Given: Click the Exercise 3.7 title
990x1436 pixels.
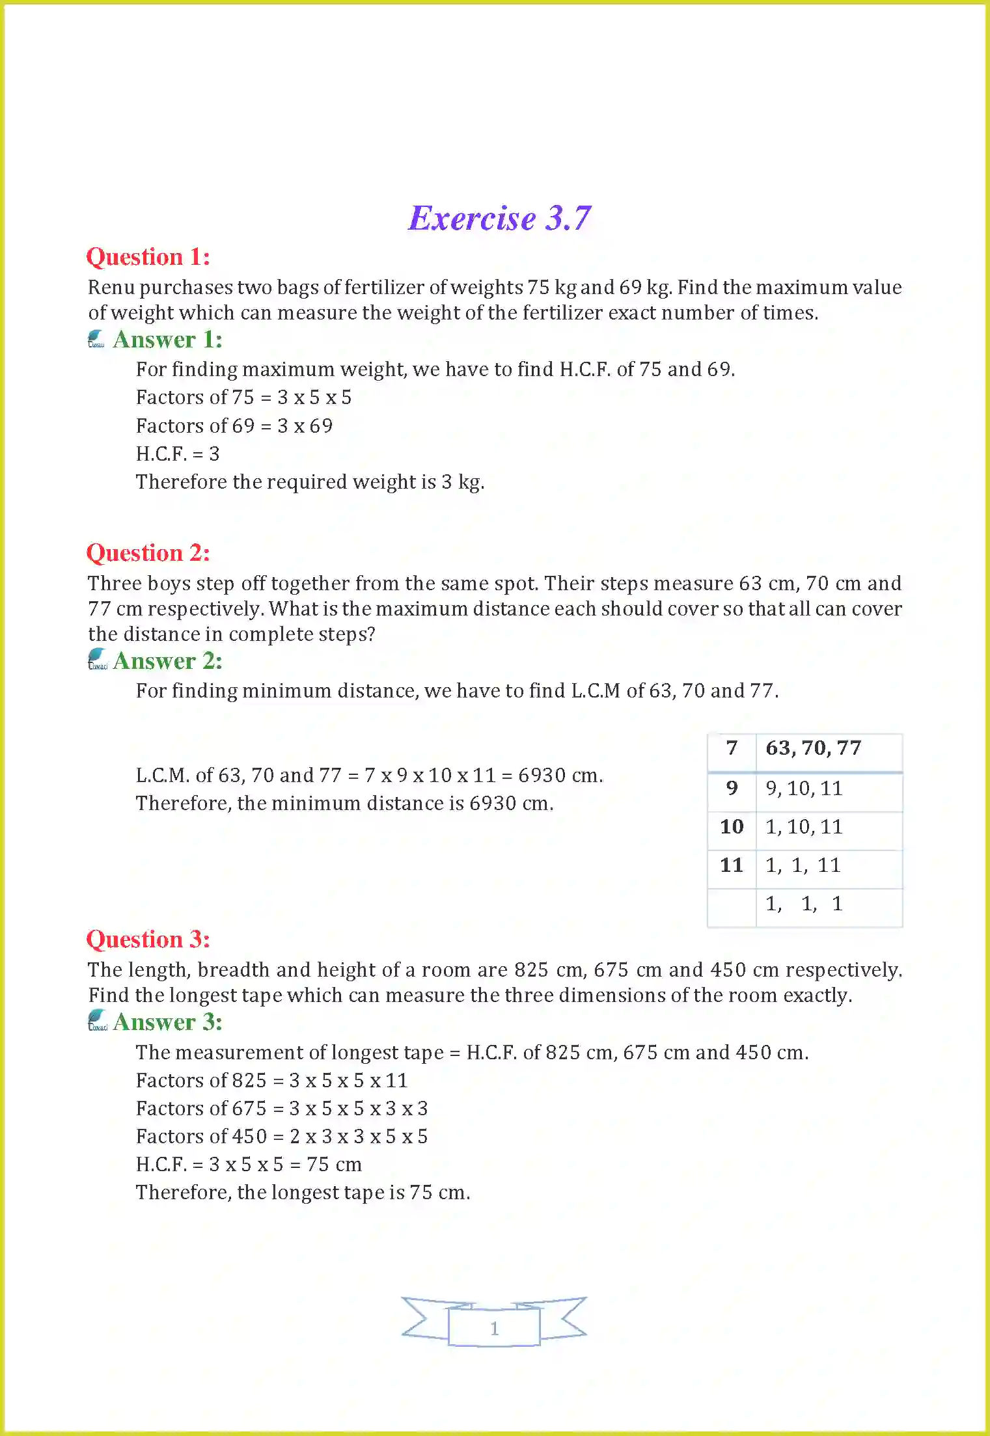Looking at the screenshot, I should [x=499, y=218].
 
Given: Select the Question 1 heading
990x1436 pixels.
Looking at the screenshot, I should [x=148, y=257].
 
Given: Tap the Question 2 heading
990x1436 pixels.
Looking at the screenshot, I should [x=148, y=553].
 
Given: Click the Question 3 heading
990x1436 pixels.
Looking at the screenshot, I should [x=148, y=940].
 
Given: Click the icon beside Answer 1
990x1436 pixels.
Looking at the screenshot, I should [x=96, y=339].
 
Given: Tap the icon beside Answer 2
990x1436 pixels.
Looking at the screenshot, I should [x=97, y=659].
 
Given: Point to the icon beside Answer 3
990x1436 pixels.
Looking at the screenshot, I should [x=97, y=1020].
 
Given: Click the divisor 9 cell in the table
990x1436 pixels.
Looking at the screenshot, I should [x=732, y=789].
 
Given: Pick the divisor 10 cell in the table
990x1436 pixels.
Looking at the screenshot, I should [x=732, y=827].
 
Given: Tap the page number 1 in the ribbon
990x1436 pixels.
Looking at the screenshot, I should [x=494, y=1328].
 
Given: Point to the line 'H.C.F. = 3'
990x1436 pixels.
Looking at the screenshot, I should [x=178, y=454].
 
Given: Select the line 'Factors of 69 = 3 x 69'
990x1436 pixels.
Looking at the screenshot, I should [x=234, y=426].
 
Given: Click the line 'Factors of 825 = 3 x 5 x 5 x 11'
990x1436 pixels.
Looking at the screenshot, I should [x=272, y=1081].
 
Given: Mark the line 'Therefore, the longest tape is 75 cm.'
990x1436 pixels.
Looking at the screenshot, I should [x=303, y=1193].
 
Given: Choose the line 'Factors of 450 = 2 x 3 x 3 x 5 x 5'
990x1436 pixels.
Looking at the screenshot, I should [x=282, y=1137].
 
